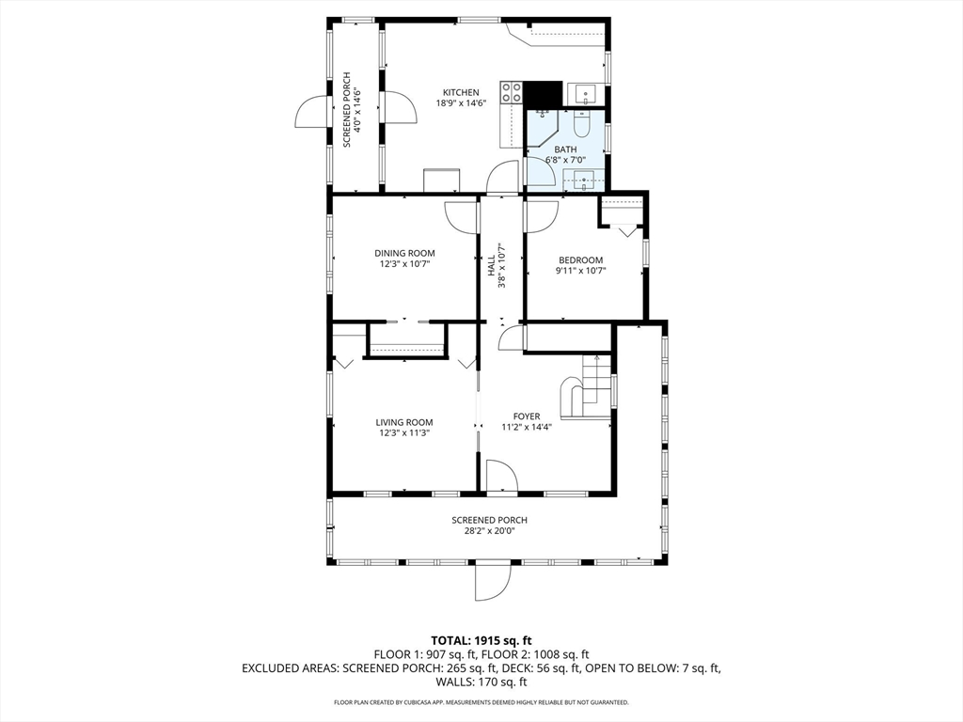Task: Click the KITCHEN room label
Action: [x=461, y=93]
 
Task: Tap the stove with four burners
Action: [x=511, y=92]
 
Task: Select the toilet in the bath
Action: [x=581, y=124]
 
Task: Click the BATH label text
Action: [x=565, y=149]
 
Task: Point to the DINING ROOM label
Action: [x=404, y=253]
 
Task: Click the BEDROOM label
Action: [x=580, y=259]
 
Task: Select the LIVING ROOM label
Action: [x=404, y=422]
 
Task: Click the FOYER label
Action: [x=527, y=416]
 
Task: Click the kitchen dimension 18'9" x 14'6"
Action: [x=461, y=103]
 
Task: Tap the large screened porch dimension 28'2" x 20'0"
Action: [x=489, y=530]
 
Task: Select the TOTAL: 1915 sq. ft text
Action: [x=481, y=641]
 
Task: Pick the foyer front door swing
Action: [x=501, y=476]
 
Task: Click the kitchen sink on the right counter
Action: [x=585, y=95]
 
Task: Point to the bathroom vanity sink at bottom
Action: [x=583, y=181]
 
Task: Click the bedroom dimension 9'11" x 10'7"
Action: [x=580, y=270]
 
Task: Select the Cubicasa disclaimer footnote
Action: [x=481, y=702]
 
